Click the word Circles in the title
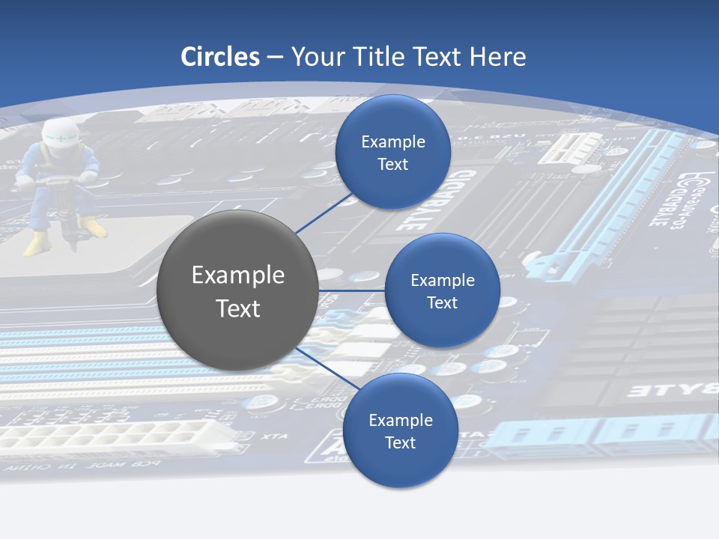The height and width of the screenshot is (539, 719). pos(220,57)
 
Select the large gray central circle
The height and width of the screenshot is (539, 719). pos(237,290)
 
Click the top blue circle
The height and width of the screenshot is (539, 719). pos(392,152)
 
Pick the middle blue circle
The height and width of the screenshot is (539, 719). pos(442,290)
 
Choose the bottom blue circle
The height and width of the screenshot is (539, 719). pos(400,430)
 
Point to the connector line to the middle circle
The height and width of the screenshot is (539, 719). pos(351,290)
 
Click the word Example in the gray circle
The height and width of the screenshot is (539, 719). pos(238,275)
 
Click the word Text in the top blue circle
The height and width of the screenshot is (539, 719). pos(392,164)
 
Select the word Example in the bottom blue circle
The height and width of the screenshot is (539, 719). pos(401,420)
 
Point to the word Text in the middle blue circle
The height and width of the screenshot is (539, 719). pos(442,302)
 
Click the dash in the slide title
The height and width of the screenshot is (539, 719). pos(275,57)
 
